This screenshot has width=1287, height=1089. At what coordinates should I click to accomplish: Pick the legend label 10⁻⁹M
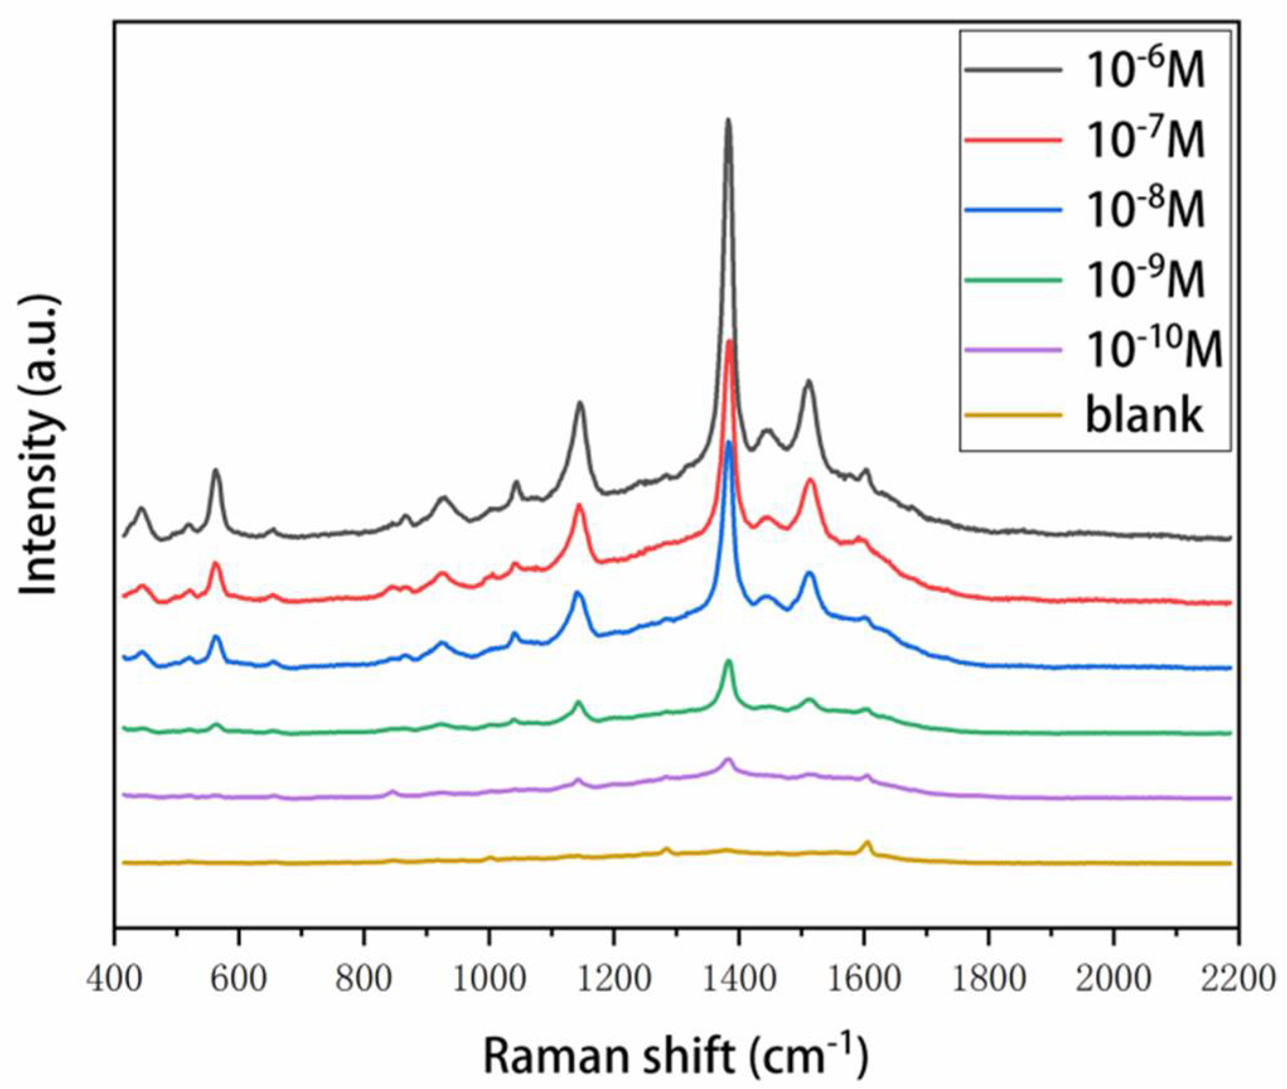[1145, 279]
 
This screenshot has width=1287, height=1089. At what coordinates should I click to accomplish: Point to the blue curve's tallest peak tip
[729, 442]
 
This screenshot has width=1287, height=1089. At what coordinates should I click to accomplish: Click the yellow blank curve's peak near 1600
[867, 842]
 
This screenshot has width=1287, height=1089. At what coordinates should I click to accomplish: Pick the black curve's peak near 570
[216, 470]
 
